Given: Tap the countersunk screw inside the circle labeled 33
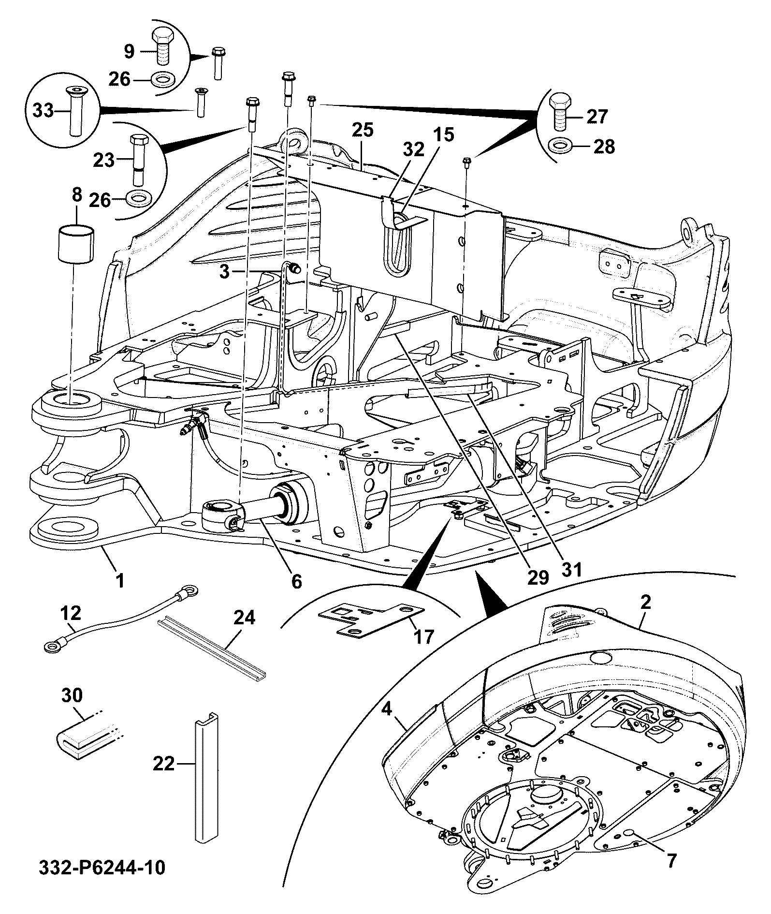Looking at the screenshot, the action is point(74,110).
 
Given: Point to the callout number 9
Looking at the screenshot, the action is point(129,52).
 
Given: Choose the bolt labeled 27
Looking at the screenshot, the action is point(560,111).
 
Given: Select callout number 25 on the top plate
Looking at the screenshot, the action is point(363,130).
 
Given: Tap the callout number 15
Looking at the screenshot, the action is point(443,135).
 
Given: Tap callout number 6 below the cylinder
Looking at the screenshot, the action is point(296,581).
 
